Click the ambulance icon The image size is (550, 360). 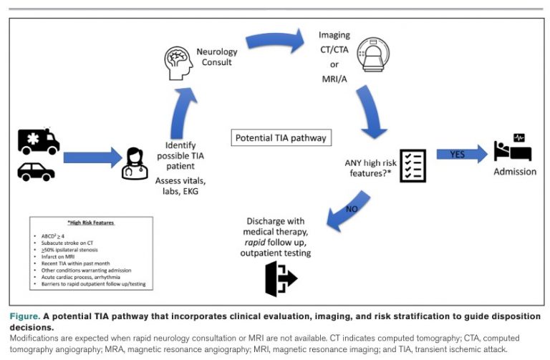coord(39,141)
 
